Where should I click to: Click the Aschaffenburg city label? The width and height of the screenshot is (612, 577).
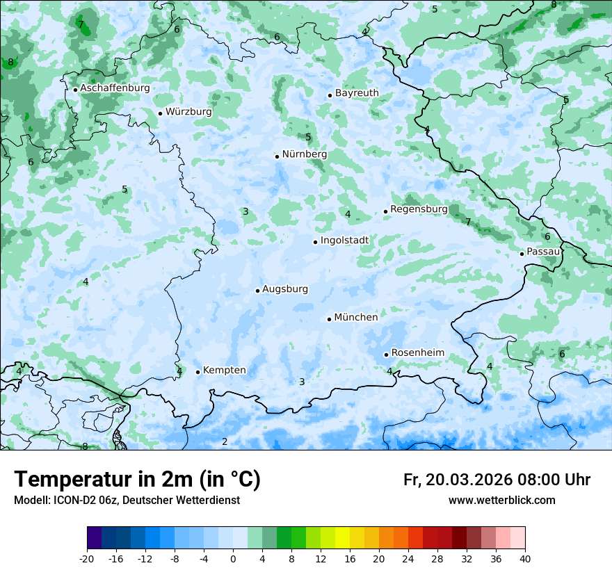tap(115, 88)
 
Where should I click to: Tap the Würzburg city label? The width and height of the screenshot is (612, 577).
tap(188, 112)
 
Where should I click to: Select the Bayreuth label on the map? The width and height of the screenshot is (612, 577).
tap(357, 93)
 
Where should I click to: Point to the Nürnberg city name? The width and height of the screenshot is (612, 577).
tap(304, 154)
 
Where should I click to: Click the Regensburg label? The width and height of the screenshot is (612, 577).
tap(419, 209)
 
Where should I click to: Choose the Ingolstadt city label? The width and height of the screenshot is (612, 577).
tap(344, 241)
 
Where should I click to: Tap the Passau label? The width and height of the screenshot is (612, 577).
tap(543, 252)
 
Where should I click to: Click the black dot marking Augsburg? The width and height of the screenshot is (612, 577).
tap(257, 291)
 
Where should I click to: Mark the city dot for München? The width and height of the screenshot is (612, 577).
tap(330, 319)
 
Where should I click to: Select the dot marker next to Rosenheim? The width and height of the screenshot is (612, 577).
tap(386, 355)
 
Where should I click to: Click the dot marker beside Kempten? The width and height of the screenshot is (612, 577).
tap(198, 372)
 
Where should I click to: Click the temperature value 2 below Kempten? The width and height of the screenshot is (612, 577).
tap(225, 441)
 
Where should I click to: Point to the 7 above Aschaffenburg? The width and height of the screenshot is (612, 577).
tap(81, 25)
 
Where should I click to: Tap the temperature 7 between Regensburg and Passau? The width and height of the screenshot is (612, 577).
tap(468, 222)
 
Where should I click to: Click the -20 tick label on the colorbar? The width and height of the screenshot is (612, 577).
tap(87, 559)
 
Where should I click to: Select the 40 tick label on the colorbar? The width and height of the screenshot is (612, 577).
tap(524, 559)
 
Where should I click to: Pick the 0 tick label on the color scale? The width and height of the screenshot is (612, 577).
tap(233, 559)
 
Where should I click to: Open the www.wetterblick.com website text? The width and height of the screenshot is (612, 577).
tap(501, 501)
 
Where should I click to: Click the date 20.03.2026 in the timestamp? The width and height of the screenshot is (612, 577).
tap(468, 480)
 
